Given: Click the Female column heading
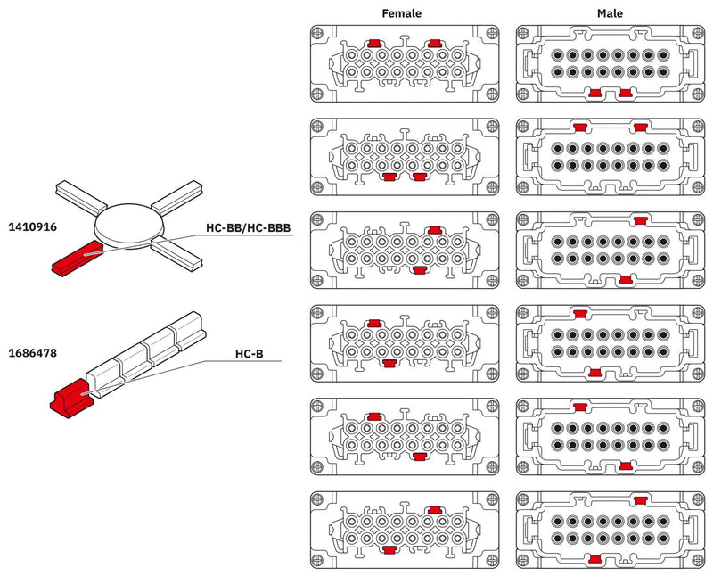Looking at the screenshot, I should pyautogui.click(x=401, y=13).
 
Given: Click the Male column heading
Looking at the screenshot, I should pyautogui.click(x=611, y=13).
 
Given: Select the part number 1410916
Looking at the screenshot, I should pyautogui.click(x=32, y=227).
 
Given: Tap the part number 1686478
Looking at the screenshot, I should pyautogui.click(x=32, y=353).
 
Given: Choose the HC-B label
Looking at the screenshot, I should pyautogui.click(x=249, y=353).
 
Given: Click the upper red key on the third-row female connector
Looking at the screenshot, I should pyautogui.click(x=435, y=230).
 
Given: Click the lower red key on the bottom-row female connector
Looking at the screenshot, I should pyautogui.click(x=389, y=551).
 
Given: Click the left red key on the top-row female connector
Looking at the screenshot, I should pyautogui.click(x=375, y=43).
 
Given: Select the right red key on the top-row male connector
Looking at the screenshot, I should pyautogui.click(x=626, y=93).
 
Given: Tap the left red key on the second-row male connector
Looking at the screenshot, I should pyautogui.click(x=582, y=127).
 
